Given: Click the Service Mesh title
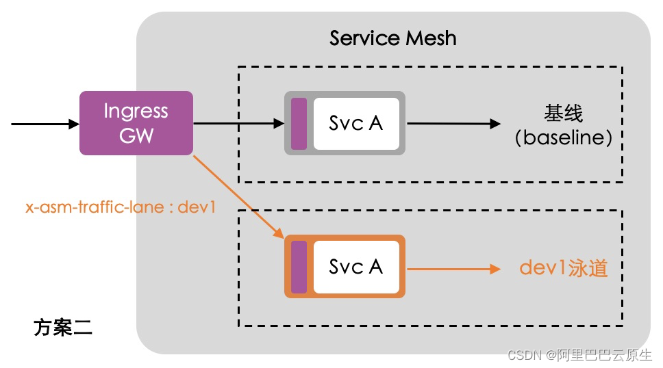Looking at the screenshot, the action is (x=393, y=38).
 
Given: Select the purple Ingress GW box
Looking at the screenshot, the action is (x=136, y=123).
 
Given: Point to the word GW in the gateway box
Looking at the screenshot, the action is (x=136, y=135).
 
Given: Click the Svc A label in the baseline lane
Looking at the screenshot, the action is (x=355, y=123).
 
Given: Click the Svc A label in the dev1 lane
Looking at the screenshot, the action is (x=355, y=267).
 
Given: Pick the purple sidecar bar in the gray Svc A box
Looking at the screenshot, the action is (x=299, y=123).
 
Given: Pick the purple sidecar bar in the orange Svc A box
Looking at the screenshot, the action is (x=299, y=267).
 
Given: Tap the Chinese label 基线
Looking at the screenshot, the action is (x=563, y=113).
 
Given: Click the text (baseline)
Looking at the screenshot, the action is (x=563, y=137).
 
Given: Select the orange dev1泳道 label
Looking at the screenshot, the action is (x=563, y=268).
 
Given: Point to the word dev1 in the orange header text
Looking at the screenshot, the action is (x=197, y=207).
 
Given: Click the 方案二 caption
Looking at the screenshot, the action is (x=62, y=328).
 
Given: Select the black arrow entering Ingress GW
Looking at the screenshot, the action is (x=45, y=124).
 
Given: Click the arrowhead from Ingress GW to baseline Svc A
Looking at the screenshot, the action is (x=279, y=123).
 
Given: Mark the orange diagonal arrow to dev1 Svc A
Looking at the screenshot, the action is (x=238, y=197).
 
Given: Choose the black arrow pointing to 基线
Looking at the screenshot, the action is (x=453, y=123).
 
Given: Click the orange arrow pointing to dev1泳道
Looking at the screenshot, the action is (x=453, y=269).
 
